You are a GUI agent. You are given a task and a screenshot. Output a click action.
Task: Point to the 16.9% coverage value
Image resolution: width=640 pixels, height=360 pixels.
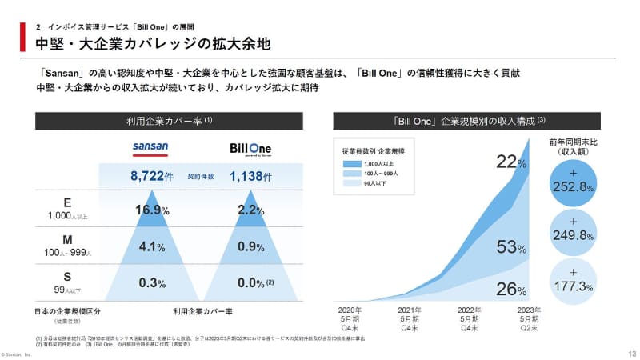coord(151,210)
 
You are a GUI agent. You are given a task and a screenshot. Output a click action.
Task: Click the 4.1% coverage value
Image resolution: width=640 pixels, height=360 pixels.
coord(152,247)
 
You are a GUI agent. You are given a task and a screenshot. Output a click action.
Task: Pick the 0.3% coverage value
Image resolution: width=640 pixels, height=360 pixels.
coord(152,283)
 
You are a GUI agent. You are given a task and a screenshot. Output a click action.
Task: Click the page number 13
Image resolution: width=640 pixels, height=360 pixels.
coord(631,353)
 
